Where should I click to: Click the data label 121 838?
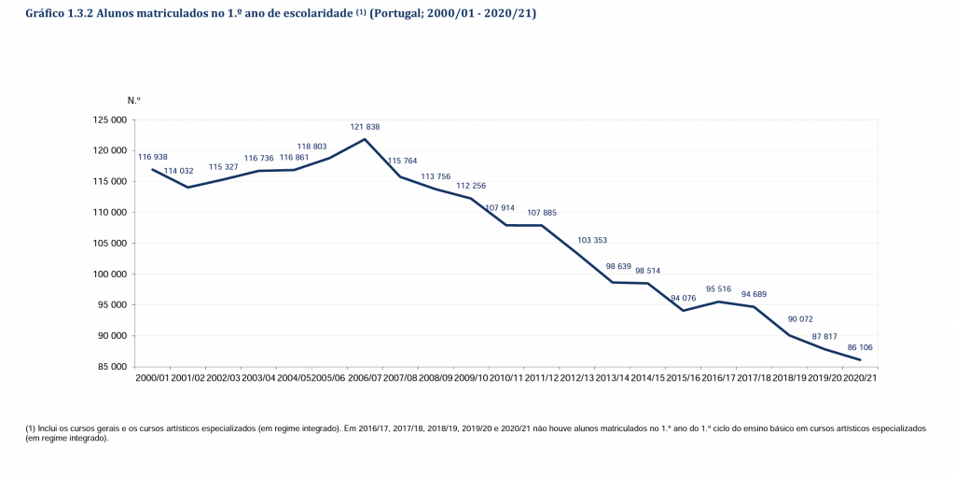tap(365, 126)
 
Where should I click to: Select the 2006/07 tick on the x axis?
tap(365, 377)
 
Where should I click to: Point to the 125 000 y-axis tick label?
tap(111, 120)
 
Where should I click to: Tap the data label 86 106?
tap(859, 347)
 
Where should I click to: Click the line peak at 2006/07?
tap(365, 139)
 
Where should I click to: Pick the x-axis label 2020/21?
tap(859, 377)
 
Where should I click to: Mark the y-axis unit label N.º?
tap(134, 99)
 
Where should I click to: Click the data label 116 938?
tap(153, 157)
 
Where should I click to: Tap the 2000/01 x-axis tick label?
tap(153, 377)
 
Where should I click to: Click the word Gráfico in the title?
tap(45, 15)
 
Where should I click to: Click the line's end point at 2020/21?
tap(859, 360)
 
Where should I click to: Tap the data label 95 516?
tap(718, 288)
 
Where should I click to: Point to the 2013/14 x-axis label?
tap(612, 377)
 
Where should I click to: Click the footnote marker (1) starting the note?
tap(31, 428)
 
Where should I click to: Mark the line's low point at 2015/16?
tap(683, 311)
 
